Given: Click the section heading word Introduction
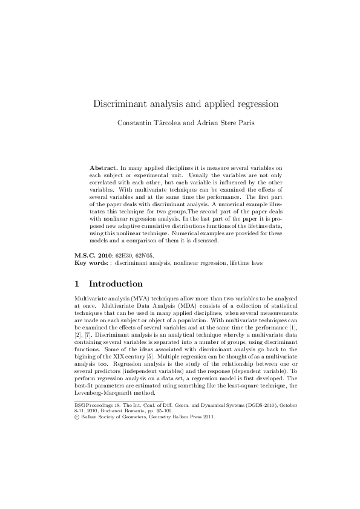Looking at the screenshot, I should pyautogui.click(x=116, y=284).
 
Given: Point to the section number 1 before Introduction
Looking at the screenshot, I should pyautogui.click(x=76, y=284).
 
